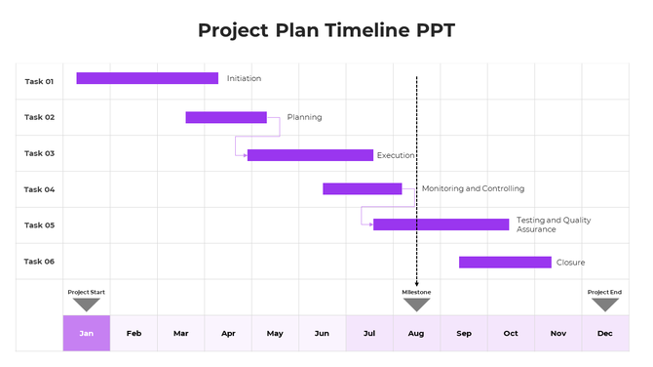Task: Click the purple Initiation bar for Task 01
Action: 147,78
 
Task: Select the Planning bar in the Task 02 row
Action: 226,117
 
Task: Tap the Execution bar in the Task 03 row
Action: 310,155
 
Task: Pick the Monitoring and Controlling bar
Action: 362,188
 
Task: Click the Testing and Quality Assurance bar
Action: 441,224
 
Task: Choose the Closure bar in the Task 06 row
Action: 505,262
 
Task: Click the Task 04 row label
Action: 39,189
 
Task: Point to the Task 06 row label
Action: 39,262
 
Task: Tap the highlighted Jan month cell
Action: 87,333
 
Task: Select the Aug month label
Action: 416,334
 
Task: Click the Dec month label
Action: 605,334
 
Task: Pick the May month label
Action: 275,334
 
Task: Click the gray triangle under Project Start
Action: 87,305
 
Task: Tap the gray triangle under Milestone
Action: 417,305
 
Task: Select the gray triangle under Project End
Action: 605,305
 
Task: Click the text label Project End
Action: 604,292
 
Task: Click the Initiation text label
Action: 244,78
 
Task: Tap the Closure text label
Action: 570,262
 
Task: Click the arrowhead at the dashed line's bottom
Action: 417,283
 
